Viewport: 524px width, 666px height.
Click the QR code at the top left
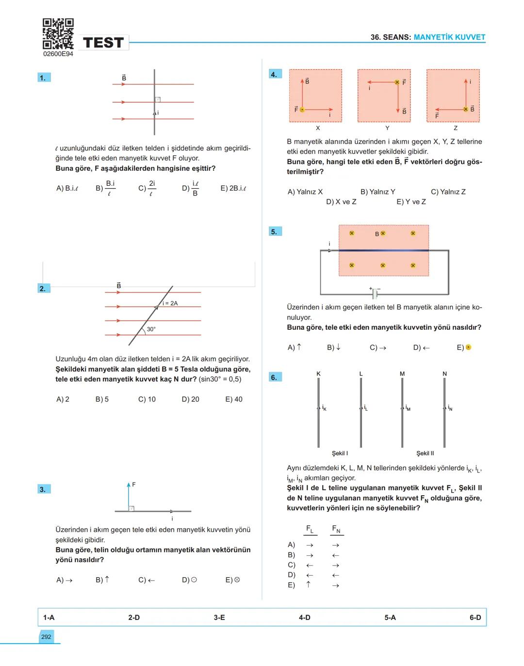coord(58,33)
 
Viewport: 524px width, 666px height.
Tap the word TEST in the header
coord(103,43)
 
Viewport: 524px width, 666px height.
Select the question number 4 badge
coord(275,74)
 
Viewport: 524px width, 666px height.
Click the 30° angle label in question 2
coord(151,329)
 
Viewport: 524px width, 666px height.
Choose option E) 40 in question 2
coord(233,399)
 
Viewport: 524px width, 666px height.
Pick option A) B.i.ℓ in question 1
coord(67,188)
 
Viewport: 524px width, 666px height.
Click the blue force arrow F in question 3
coord(129,496)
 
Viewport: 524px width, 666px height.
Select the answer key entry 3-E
coord(219,617)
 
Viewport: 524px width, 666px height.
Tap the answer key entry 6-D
coord(475,617)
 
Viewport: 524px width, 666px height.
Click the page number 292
coord(46,637)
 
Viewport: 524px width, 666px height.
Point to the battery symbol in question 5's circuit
coord(375,293)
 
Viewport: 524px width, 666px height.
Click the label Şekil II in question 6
coord(425,453)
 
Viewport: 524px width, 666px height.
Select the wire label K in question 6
coord(318,374)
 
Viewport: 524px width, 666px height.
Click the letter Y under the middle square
coord(387,128)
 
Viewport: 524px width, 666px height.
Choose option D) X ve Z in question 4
coord(341,202)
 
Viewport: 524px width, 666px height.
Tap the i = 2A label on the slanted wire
coord(170,303)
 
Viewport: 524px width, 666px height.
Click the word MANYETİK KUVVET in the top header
coord(449,37)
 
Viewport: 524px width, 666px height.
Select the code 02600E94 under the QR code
coord(58,54)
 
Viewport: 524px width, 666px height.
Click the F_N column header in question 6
coord(336,529)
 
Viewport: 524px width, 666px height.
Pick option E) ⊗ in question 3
coord(233,580)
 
